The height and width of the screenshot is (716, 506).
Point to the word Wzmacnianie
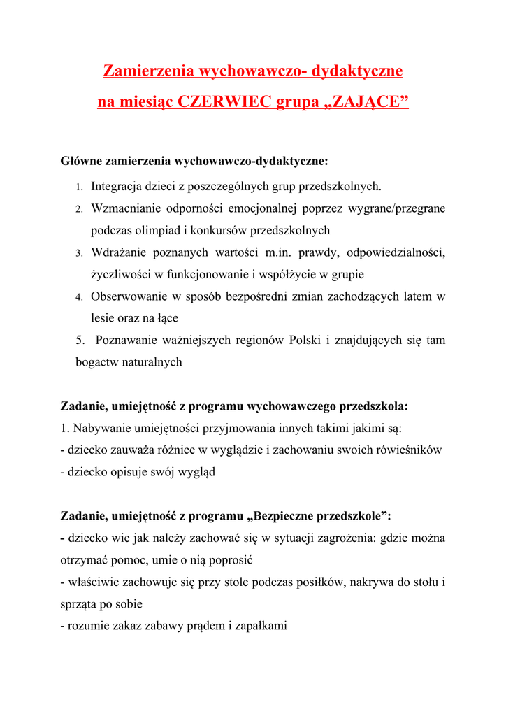click(x=127, y=208)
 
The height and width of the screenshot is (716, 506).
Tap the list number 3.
click(x=79, y=252)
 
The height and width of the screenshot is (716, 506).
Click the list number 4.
click(x=79, y=296)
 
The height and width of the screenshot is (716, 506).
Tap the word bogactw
click(x=96, y=362)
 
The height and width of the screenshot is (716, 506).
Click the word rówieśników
click(x=409, y=450)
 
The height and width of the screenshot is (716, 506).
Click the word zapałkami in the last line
click(x=263, y=626)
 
